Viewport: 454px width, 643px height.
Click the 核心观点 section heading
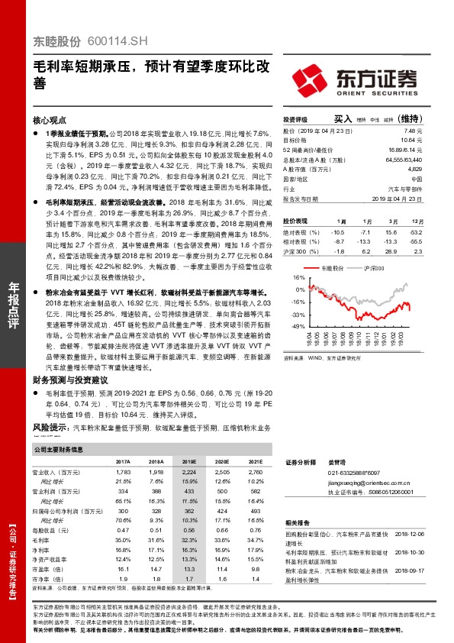point(51,121)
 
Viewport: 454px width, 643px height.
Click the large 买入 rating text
point(343,120)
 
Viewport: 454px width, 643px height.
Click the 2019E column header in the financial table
point(189,462)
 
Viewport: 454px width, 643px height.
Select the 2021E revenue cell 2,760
point(256,473)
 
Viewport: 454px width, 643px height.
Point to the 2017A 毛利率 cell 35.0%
point(123,519)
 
